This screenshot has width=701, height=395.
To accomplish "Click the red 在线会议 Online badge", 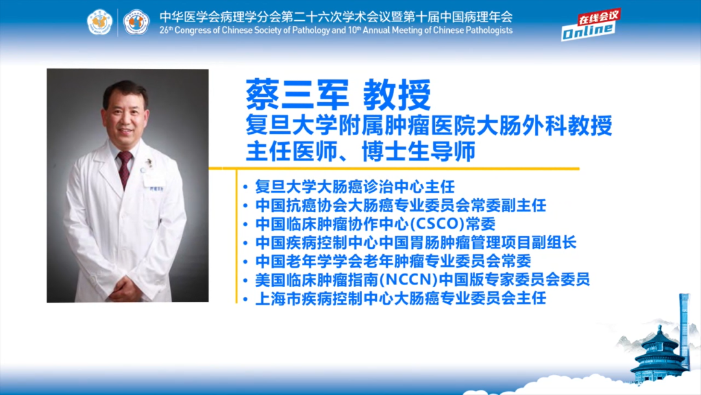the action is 589,25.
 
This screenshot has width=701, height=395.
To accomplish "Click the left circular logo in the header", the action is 99,22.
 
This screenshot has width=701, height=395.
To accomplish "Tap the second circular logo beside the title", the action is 136,22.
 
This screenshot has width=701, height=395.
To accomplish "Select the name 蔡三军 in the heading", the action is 297,94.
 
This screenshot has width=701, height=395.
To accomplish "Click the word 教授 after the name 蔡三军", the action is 397,94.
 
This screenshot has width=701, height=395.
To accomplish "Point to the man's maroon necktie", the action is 124,169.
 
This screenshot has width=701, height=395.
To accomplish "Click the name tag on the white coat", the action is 156,188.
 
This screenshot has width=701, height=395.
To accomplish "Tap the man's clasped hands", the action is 125,288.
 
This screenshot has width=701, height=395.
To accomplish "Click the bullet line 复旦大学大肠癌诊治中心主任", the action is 355,186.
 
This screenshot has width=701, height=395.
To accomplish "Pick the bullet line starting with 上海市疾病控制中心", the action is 400,298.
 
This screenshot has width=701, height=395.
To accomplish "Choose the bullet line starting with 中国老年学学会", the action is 393,261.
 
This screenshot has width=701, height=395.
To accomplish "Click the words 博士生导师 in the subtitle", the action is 419,151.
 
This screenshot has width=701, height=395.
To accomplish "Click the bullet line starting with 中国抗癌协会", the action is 400,205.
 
